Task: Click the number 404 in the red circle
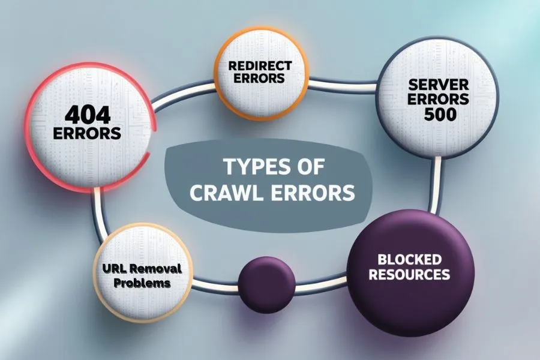[87, 114]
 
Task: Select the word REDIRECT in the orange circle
[262, 65]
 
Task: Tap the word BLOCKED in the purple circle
[409, 260]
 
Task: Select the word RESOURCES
[409, 275]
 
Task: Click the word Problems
[138, 283]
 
